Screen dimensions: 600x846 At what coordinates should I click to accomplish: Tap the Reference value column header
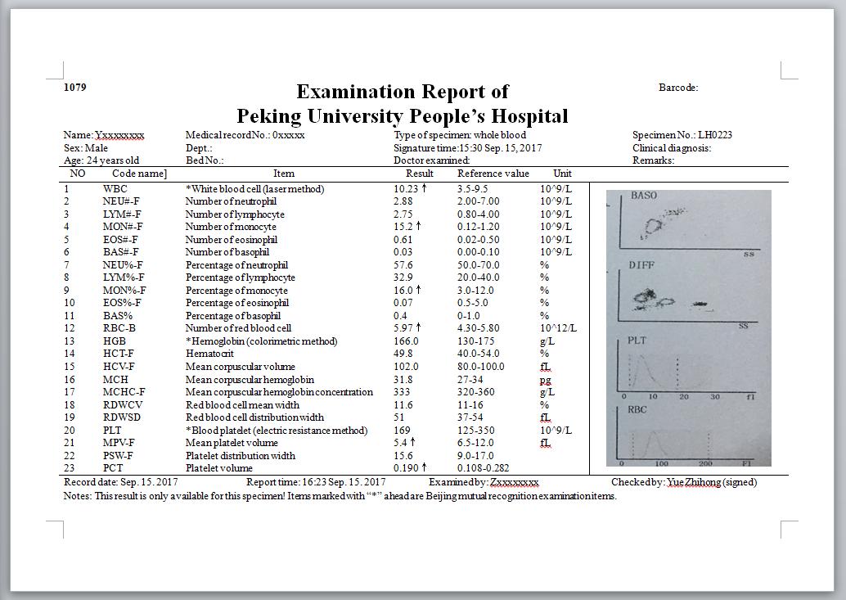(493, 174)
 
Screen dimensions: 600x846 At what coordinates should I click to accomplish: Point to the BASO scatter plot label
(644, 196)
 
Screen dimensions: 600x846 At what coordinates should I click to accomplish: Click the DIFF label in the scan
(641, 265)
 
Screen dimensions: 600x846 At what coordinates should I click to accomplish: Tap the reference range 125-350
(477, 430)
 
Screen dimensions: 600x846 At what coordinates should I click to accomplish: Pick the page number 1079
(74, 88)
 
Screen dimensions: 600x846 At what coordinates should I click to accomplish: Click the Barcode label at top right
(677, 88)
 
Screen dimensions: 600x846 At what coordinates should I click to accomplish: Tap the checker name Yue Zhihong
(694, 482)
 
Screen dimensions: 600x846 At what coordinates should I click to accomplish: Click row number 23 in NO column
(69, 468)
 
